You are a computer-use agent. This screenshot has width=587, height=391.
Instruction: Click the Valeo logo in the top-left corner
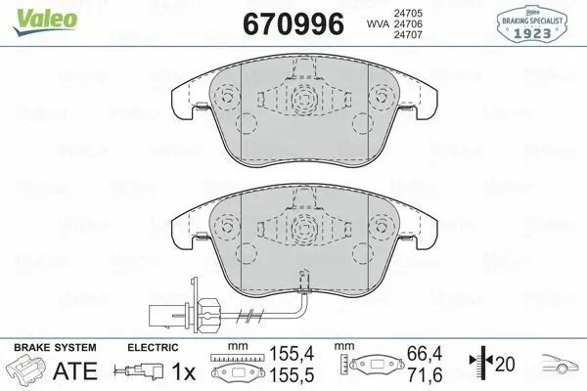point(45,22)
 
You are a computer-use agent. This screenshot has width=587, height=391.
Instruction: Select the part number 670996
point(293,23)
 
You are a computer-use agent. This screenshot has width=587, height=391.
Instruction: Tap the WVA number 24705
point(408,13)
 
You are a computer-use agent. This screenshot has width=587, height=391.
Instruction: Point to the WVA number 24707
point(408,35)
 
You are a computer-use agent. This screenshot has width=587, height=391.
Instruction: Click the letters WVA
point(378,23)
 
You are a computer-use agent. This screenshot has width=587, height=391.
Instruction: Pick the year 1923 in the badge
point(531,33)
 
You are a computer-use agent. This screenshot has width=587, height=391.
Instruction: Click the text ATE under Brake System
point(75,370)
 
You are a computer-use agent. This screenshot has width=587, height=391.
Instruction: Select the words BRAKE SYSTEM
point(55,348)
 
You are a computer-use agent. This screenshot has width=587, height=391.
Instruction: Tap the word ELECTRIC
point(153,348)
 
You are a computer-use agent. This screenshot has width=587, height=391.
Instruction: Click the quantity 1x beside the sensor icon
point(184,371)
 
